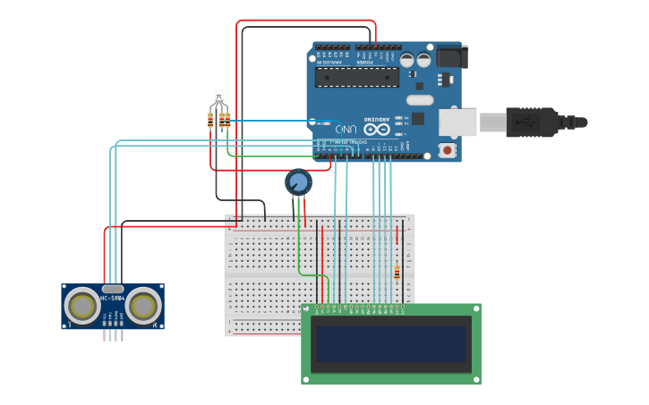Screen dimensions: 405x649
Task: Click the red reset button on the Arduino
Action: pyautogui.click(x=447, y=150)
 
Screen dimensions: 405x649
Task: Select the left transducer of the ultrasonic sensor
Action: pyautogui.click(x=82, y=307)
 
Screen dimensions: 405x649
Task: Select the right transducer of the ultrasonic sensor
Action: pyautogui.click(x=143, y=307)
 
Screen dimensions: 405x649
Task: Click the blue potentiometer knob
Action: pyautogui.click(x=298, y=182)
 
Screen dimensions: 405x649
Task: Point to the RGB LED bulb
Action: pyautogui.click(x=218, y=97)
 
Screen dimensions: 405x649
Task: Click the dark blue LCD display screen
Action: pyautogui.click(x=390, y=343)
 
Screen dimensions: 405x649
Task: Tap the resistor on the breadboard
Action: pyautogui.click(x=397, y=272)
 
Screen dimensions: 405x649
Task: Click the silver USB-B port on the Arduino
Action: pyautogui.click(x=457, y=122)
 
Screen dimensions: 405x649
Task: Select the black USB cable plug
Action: pyautogui.click(x=533, y=122)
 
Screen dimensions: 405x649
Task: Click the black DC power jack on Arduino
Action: pyautogui.click(x=450, y=56)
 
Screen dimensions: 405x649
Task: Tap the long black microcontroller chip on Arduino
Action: pyautogui.click(x=357, y=78)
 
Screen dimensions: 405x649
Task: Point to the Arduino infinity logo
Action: pyautogui.click(x=377, y=129)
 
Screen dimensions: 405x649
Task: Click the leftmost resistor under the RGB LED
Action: pyautogui.click(x=210, y=120)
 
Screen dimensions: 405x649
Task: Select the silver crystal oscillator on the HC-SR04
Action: pyautogui.click(x=113, y=289)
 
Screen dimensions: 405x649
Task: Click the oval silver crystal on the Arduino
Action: pyautogui.click(x=420, y=100)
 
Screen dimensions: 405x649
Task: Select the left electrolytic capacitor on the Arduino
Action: pyautogui.click(x=407, y=61)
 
